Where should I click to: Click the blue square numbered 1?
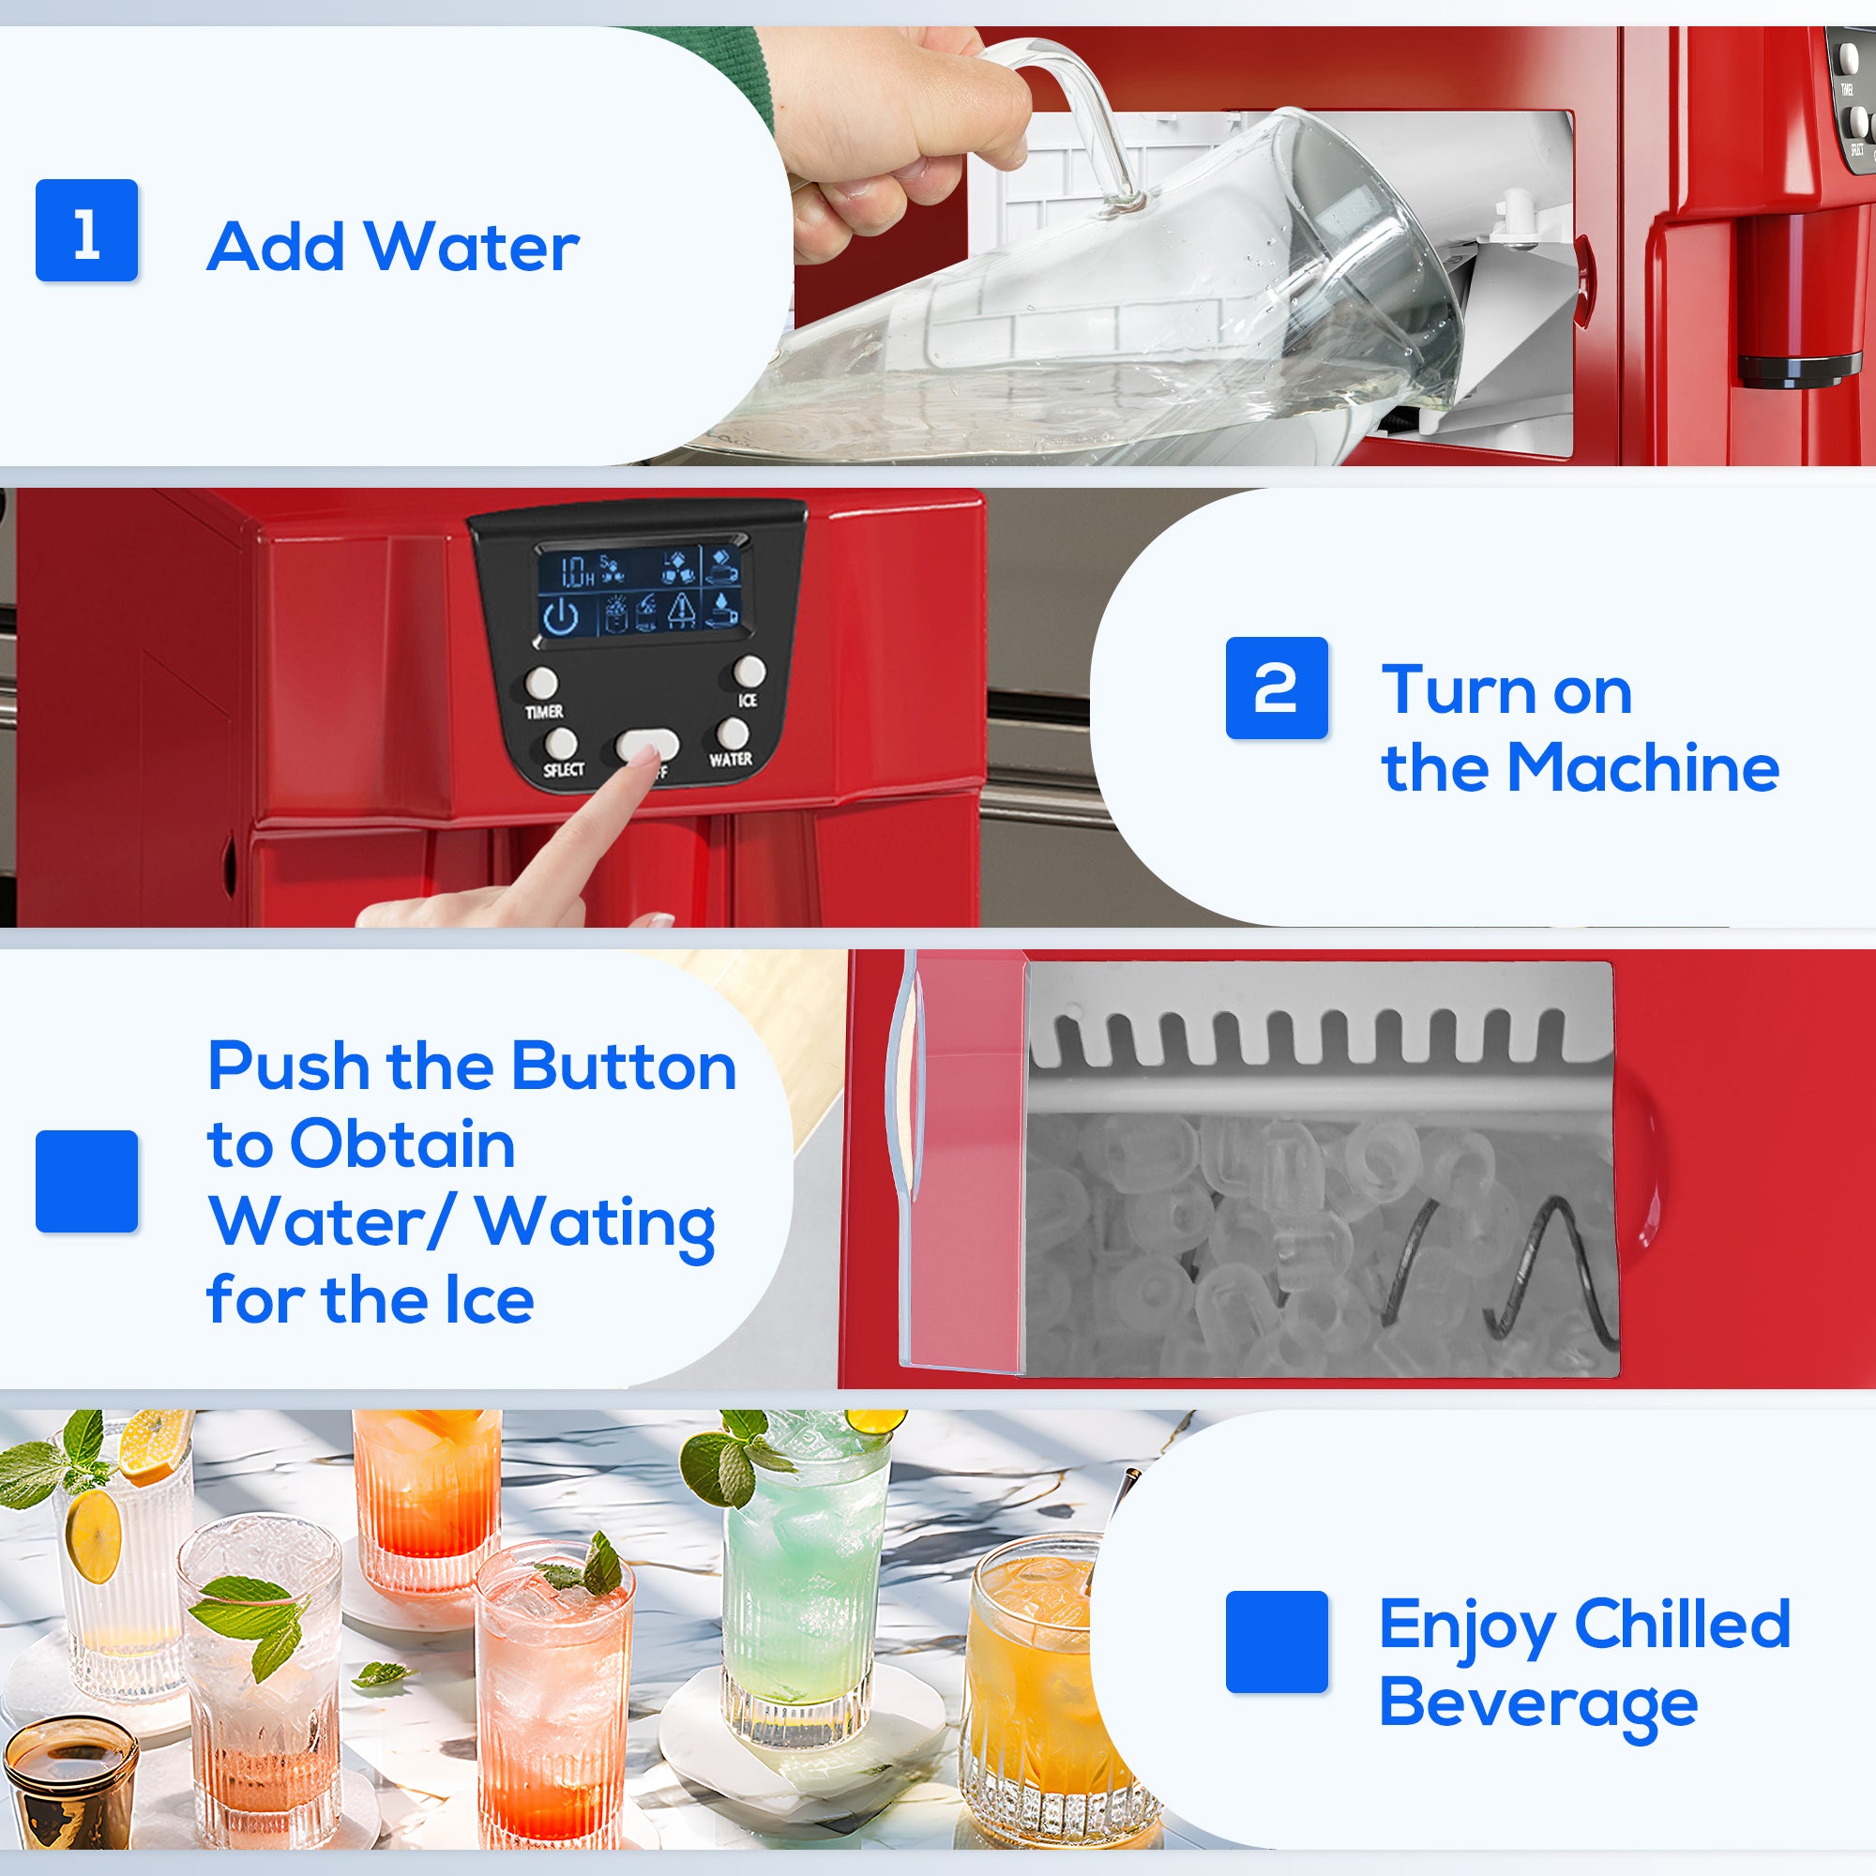click(86, 230)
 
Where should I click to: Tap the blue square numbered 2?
click(1276, 688)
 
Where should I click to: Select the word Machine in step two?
click(1643, 768)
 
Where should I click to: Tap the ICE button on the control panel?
click(749, 671)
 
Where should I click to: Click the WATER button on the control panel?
click(733, 734)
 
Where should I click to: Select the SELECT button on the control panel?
click(560, 745)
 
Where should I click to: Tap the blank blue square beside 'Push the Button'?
click(86, 1181)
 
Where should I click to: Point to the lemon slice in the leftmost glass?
click(93, 1536)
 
